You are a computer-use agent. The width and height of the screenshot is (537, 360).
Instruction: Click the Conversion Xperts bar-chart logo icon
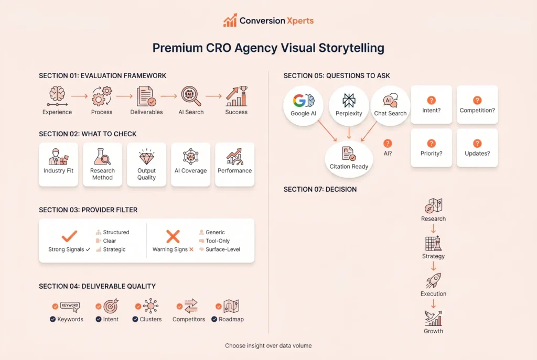click(x=230, y=20)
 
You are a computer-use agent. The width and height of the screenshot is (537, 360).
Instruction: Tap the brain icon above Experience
click(x=57, y=94)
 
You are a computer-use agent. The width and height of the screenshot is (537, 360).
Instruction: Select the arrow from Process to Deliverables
click(x=124, y=96)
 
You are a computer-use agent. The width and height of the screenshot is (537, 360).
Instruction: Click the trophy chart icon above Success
click(x=237, y=96)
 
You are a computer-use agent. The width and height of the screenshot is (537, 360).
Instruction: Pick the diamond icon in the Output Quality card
click(x=147, y=157)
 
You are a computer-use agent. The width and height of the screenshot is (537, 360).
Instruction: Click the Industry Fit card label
click(x=59, y=170)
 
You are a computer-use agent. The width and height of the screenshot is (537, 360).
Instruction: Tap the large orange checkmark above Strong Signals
click(x=69, y=236)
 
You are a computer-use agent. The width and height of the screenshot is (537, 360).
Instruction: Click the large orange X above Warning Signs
click(x=173, y=236)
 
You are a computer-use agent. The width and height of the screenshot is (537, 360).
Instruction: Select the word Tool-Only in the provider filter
click(x=218, y=241)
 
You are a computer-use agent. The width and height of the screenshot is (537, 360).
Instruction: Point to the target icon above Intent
click(x=111, y=306)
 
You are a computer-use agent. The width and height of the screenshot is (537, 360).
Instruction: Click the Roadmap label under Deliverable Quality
click(x=231, y=319)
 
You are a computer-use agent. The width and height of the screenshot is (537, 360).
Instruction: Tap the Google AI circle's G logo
click(x=299, y=101)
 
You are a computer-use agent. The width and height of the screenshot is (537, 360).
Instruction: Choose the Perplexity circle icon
click(x=349, y=101)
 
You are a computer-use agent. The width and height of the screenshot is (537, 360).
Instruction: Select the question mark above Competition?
click(x=477, y=100)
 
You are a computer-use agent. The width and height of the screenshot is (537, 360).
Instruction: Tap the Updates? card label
click(x=477, y=154)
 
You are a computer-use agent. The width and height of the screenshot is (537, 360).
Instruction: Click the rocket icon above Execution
click(x=433, y=280)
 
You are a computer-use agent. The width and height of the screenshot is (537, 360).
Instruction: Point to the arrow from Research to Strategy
click(x=433, y=228)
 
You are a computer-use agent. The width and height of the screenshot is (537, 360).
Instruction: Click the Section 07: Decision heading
click(x=320, y=189)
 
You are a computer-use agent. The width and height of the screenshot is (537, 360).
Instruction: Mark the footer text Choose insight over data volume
click(x=268, y=346)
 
